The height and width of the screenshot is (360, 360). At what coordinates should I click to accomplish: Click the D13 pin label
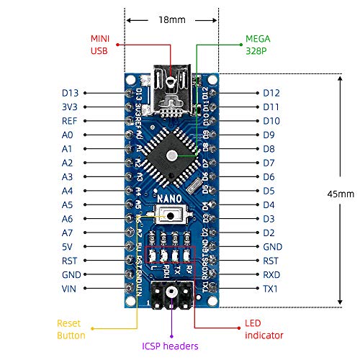coord(71,93)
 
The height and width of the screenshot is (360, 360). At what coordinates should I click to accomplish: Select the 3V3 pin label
coord(71,107)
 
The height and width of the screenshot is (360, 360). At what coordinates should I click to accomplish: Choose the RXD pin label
coord(271,274)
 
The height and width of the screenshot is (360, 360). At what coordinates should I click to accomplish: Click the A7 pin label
coord(68,233)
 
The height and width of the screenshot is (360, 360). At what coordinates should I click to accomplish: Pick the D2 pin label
coord(269,233)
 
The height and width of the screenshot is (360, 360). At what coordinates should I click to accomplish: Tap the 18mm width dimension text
coord(171,20)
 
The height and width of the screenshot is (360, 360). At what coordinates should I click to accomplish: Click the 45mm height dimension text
coord(340,194)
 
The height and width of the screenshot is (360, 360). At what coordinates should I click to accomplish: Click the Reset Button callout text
coord(71,329)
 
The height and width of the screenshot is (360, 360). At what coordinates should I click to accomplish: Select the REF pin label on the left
coord(70,121)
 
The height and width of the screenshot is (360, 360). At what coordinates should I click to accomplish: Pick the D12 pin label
coord(271,93)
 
